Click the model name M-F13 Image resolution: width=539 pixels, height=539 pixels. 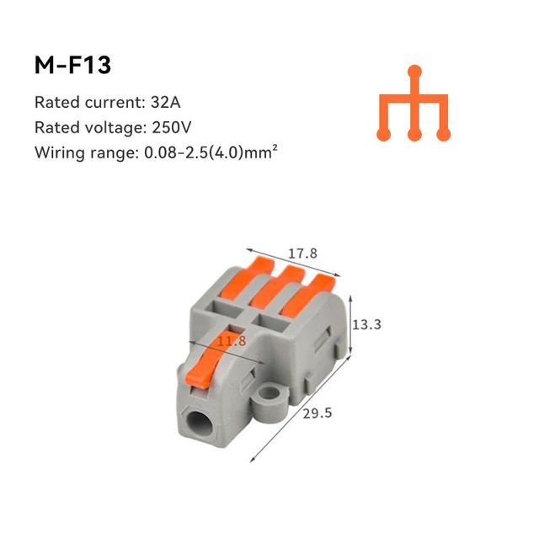[x=72, y=65]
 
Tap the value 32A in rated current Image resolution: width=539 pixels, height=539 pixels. [x=165, y=103]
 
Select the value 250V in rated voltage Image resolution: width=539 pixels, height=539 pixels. [x=171, y=127]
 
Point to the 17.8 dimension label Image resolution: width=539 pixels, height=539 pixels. [x=302, y=253]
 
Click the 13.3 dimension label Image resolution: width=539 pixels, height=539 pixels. [x=367, y=324]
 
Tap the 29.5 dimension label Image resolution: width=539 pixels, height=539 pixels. [x=318, y=413]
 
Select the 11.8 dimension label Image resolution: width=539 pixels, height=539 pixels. [x=232, y=340]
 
